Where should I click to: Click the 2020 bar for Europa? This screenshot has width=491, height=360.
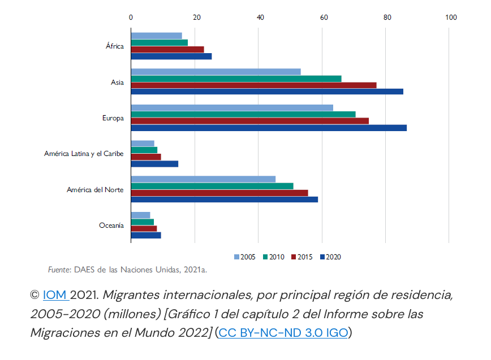click(x=269, y=128)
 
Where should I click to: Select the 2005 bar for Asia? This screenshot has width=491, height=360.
click(x=216, y=71)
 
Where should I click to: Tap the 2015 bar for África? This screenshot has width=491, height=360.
click(x=167, y=49)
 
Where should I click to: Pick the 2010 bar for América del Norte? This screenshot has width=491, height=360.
click(x=212, y=186)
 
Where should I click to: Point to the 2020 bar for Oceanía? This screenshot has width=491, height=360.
click(x=146, y=235)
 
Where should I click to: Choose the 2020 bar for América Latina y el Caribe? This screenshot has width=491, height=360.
click(x=154, y=164)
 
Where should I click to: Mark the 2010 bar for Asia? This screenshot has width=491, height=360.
click(x=236, y=79)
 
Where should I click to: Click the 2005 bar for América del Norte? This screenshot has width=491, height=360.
click(x=203, y=179)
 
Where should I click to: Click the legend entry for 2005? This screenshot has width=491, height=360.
click(x=244, y=257)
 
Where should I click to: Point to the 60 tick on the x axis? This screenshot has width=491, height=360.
click(x=324, y=17)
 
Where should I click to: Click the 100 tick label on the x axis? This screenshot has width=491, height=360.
click(x=451, y=17)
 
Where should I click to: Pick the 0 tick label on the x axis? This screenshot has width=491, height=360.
click(x=131, y=17)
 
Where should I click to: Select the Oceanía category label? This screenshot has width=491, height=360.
click(x=111, y=225)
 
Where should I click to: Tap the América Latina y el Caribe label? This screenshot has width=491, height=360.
click(x=84, y=154)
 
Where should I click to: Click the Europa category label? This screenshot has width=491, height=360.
click(x=113, y=118)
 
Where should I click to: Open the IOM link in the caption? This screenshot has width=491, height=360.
click(x=54, y=295)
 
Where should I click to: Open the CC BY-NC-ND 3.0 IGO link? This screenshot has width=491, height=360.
click(x=283, y=332)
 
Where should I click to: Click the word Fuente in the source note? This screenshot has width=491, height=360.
click(x=59, y=270)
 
